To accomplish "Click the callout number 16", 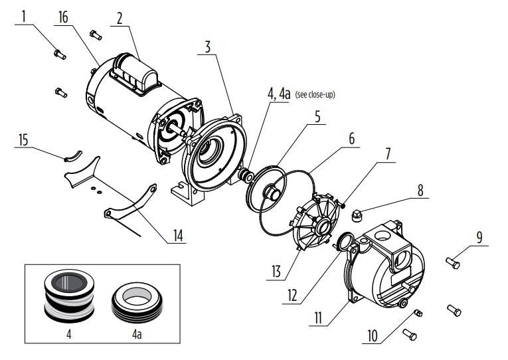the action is [x=63, y=17].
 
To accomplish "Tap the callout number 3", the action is [x=208, y=46].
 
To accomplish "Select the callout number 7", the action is [x=388, y=154].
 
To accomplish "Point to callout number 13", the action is [x=276, y=271].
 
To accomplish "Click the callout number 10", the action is [x=373, y=335].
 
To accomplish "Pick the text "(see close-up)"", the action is [x=315, y=94].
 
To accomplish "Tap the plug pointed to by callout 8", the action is [x=357, y=215].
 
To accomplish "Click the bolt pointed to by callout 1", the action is [x=60, y=54].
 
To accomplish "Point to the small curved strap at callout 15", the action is [x=73, y=156].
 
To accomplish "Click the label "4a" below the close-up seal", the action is [x=137, y=333].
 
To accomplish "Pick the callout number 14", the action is [x=178, y=236].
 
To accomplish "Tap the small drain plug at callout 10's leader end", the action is [x=418, y=313].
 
